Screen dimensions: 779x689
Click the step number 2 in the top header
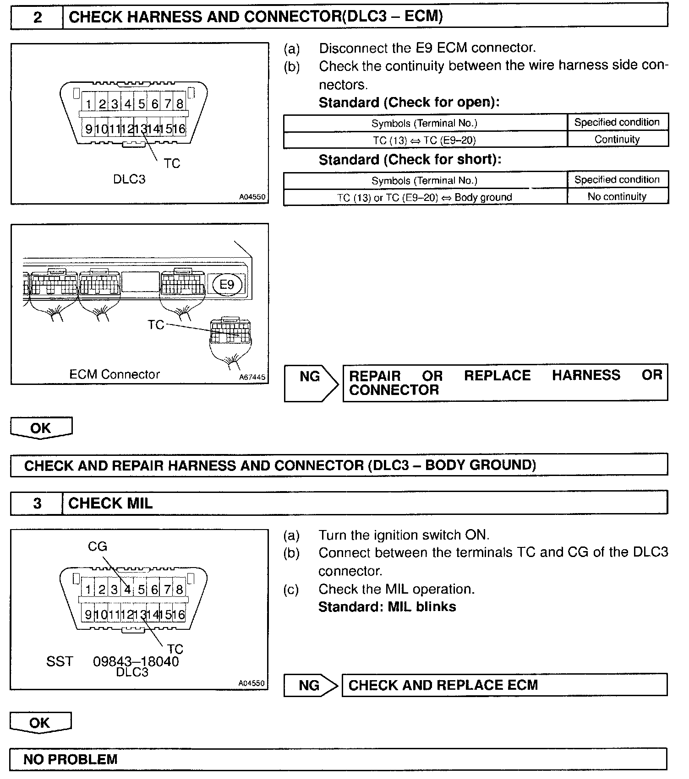(x=37, y=17)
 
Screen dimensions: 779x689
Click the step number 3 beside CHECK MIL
(x=37, y=503)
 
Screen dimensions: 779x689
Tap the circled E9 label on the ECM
(x=227, y=285)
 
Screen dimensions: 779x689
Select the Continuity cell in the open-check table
(x=617, y=140)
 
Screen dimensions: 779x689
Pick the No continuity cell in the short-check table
(x=617, y=197)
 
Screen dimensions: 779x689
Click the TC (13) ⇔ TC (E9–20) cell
(x=424, y=141)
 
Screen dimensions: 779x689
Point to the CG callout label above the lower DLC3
(x=97, y=546)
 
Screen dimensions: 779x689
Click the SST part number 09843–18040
(x=136, y=661)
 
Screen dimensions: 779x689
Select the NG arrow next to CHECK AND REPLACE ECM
(x=310, y=685)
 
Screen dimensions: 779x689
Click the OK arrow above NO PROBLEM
(x=40, y=723)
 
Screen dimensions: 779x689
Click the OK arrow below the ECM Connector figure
(x=41, y=428)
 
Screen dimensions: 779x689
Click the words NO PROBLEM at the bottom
(x=71, y=760)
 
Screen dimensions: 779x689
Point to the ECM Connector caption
(x=115, y=374)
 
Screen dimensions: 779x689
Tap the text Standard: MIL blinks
(x=387, y=607)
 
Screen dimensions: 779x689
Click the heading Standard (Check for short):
(x=410, y=160)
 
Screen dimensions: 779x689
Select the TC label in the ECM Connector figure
(x=156, y=325)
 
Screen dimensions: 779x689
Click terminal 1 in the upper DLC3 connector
(x=89, y=105)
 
